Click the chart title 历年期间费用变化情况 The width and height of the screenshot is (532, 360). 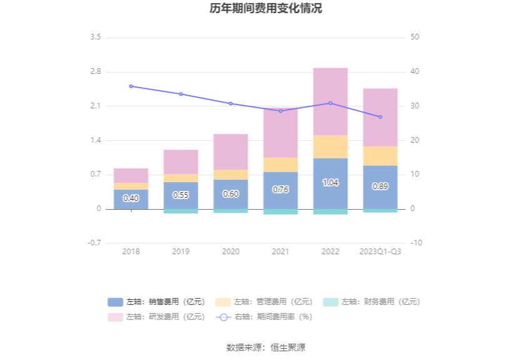point(266,9)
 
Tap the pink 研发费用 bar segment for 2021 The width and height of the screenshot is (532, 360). point(280,133)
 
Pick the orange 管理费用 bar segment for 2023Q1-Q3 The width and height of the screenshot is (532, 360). point(380,156)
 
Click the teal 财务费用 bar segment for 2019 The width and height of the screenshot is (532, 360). point(181,211)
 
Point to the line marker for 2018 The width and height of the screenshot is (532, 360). point(131,86)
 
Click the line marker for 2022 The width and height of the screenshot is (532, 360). point(330,103)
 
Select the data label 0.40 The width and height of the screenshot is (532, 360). point(131,198)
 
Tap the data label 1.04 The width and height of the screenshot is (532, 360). point(330,183)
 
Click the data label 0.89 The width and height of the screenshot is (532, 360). point(380,187)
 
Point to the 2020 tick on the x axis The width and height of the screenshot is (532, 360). point(230,252)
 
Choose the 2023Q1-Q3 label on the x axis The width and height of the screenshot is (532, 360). point(380,252)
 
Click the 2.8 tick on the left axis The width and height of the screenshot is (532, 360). point(95,72)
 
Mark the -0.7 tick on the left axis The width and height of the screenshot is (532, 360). point(94,243)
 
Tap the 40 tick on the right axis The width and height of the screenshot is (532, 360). point(416,72)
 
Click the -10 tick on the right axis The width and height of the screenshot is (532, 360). point(416,243)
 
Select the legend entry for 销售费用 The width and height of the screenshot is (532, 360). point(156,302)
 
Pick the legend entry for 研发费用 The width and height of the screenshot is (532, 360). point(156,317)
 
